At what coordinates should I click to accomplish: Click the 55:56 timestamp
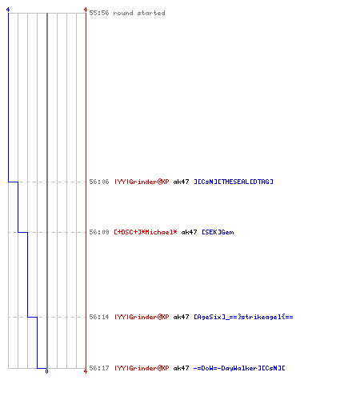tap(99, 13)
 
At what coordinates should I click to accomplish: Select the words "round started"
tap(139, 13)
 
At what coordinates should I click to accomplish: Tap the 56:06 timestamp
tap(99, 182)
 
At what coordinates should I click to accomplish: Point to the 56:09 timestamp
tap(99, 232)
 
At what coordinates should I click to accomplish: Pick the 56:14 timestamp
tap(99, 317)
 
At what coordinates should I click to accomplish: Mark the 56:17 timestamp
tap(99, 368)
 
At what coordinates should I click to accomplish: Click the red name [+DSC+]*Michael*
tap(146, 232)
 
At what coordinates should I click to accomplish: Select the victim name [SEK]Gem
tap(218, 232)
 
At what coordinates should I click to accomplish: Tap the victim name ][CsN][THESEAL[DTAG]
tap(234, 182)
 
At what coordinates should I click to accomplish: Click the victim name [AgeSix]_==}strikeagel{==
tap(243, 317)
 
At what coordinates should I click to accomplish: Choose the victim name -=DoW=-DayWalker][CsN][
tap(239, 368)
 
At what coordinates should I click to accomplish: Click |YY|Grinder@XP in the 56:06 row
tap(142, 182)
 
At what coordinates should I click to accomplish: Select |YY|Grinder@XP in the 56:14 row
tap(142, 317)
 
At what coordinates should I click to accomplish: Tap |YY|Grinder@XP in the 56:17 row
tap(142, 368)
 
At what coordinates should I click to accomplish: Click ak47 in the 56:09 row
tap(189, 232)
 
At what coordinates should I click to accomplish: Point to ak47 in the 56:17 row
tap(182, 368)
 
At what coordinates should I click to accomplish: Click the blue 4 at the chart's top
tap(8, 10)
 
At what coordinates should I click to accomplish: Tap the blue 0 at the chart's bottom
tap(46, 371)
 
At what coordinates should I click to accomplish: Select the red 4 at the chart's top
tap(86, 10)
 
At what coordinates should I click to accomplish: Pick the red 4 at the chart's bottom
tap(86, 371)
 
